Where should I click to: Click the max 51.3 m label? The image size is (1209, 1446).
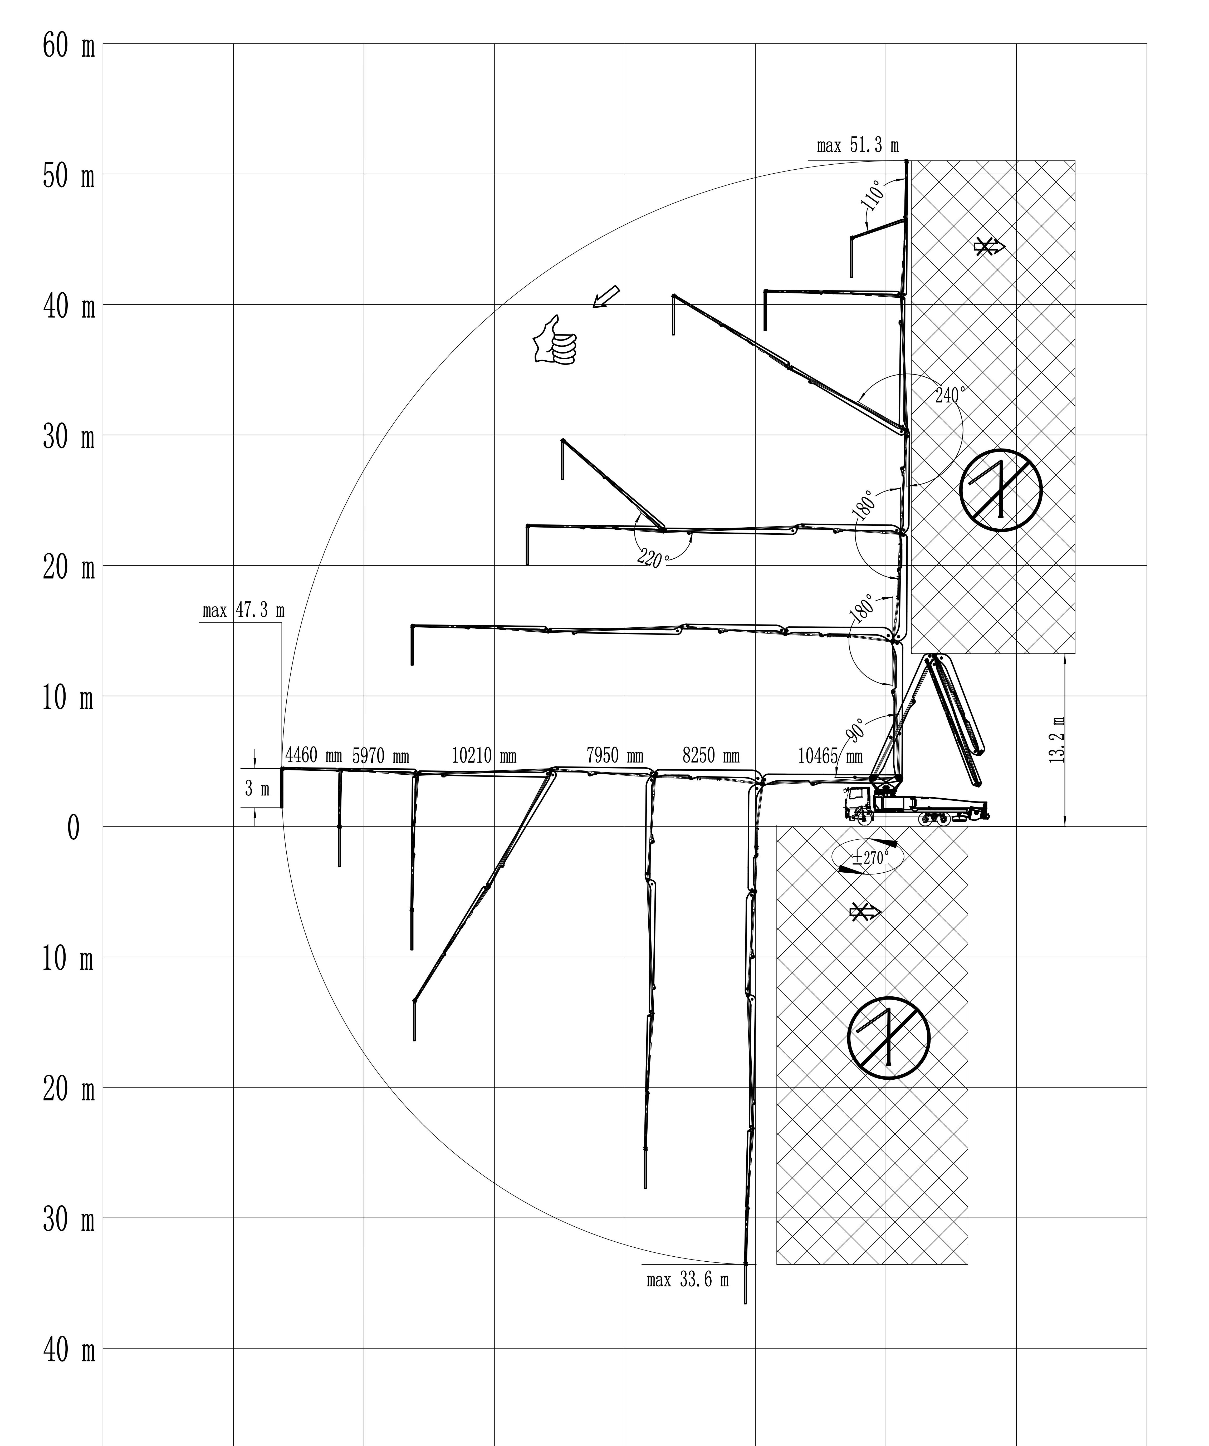tap(858, 146)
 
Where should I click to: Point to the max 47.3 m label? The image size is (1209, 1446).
tap(243, 611)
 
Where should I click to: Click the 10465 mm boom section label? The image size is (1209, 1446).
tap(830, 756)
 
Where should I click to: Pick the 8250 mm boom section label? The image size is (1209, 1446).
tap(711, 756)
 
